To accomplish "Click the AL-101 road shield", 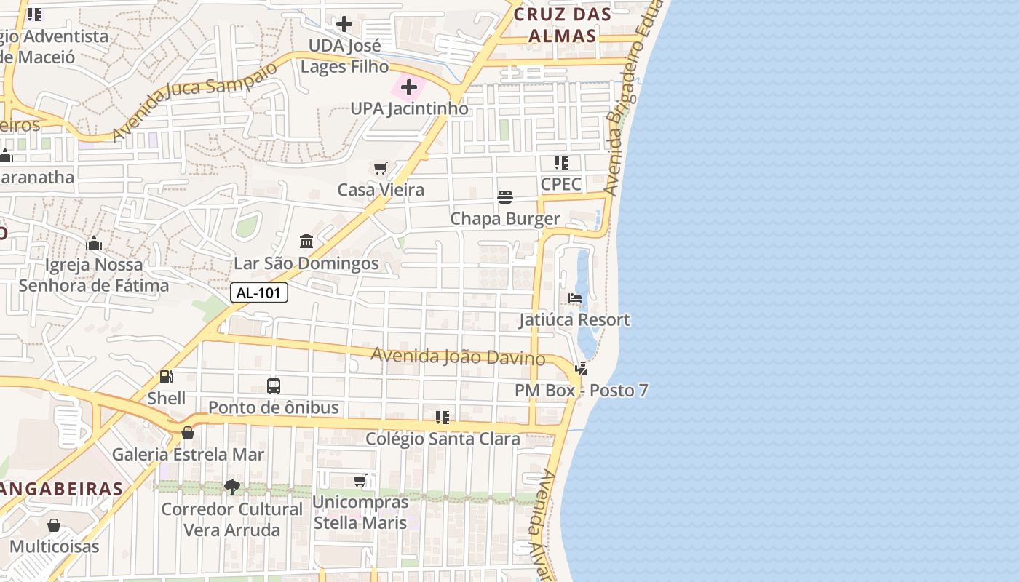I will coord(259,293).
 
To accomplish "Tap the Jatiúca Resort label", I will coord(574,320).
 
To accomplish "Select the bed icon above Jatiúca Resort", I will coord(574,298).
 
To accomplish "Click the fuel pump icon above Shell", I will coord(166,377).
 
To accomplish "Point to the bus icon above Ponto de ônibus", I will coord(274,386).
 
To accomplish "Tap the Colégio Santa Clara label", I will coord(443,439).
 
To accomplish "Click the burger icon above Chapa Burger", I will coord(505,197).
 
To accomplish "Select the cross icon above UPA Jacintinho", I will coord(409,88).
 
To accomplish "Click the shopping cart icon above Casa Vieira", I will coord(380,169).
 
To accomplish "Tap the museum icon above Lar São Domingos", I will coord(306,241).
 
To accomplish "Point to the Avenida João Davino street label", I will coord(458,356).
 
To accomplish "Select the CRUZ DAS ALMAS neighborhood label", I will coord(563,25).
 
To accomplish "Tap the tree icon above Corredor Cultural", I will coord(232,487).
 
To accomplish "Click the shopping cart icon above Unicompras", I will coord(360,480).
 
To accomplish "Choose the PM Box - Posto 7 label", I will coord(581,391).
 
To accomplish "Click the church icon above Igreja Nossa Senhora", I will coord(94,243).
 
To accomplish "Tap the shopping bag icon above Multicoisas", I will coord(54,525).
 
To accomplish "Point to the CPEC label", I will coord(560,184).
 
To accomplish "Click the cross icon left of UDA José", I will coord(344,24).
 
